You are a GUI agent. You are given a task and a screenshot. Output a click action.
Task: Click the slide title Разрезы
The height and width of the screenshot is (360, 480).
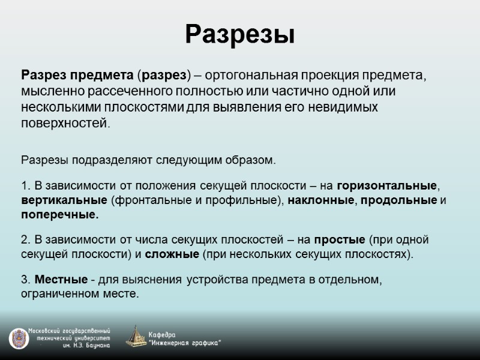tap(239, 34)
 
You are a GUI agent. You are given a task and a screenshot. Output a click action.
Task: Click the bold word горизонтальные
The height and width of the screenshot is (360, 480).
tap(384, 185)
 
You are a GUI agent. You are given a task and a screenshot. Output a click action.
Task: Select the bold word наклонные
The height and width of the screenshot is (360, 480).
tap(320, 200)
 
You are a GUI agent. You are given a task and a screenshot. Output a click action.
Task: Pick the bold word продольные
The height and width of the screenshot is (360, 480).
tap(398, 200)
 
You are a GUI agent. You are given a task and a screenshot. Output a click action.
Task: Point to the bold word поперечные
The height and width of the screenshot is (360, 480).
tap(59, 214)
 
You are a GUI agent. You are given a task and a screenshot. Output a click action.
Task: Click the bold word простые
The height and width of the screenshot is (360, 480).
tap(340, 239)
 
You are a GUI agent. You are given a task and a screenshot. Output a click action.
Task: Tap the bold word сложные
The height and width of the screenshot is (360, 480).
tap(172, 254)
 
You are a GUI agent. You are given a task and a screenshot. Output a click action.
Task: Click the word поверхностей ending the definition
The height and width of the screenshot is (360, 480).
tap(65, 122)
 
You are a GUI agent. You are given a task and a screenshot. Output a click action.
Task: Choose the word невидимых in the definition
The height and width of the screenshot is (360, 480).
tap(354, 107)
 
